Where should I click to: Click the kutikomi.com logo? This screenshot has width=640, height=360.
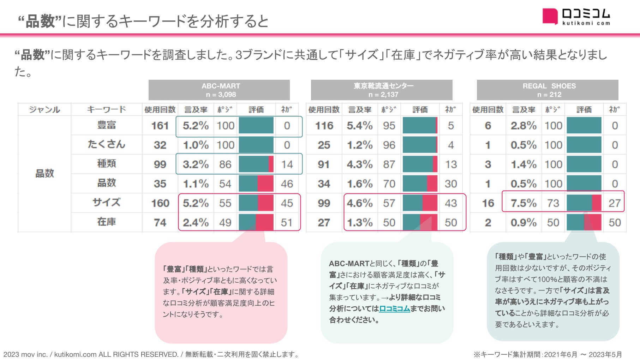pos(576,17)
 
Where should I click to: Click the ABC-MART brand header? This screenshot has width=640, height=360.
pos(219,90)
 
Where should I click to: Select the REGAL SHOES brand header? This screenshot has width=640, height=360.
pos(547,90)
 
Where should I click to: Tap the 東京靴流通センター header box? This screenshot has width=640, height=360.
pos(381,90)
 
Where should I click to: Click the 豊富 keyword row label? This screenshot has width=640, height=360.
pos(106,125)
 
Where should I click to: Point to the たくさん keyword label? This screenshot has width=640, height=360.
pos(106,144)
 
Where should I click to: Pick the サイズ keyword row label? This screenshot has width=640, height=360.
pos(106,203)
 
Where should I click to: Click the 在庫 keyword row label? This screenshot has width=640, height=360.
pos(106,222)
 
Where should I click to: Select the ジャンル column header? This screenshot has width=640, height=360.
pos(44,109)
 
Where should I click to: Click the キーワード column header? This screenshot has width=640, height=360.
pos(106,109)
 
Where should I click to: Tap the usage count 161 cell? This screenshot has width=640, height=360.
pos(160,126)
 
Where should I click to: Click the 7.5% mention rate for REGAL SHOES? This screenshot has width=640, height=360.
pos(523,203)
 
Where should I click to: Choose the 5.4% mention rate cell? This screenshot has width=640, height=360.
pos(359,126)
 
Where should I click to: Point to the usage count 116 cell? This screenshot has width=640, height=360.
pos(324,126)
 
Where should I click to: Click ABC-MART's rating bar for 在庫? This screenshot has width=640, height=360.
pos(256,222)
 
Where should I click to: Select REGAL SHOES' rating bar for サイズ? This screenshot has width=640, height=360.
pos(584,203)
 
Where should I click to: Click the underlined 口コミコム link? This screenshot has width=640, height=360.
pos(394,308)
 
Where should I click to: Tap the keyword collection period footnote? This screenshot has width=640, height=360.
pos(547,354)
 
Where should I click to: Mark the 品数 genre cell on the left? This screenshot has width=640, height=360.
pos(44,173)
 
